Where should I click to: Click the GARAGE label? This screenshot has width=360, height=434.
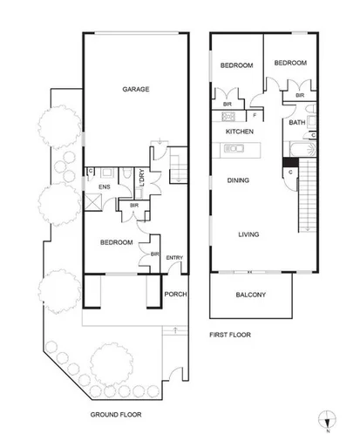[x=135, y=89]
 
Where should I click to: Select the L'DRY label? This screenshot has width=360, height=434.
[x=141, y=180]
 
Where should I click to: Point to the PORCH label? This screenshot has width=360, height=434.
[x=176, y=294]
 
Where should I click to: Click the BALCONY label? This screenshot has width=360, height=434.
[x=250, y=295]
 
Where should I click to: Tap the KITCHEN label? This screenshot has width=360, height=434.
[x=240, y=132]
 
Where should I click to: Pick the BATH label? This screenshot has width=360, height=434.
[x=297, y=123]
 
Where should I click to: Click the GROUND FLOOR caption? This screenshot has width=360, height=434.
[x=116, y=414]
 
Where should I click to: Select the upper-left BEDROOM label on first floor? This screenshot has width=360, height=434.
[x=236, y=65]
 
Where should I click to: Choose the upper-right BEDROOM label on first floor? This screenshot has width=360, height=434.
[x=290, y=63]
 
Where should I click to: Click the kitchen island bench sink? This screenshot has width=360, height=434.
[x=232, y=149]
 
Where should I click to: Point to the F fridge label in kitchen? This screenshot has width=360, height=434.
[x=254, y=115]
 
